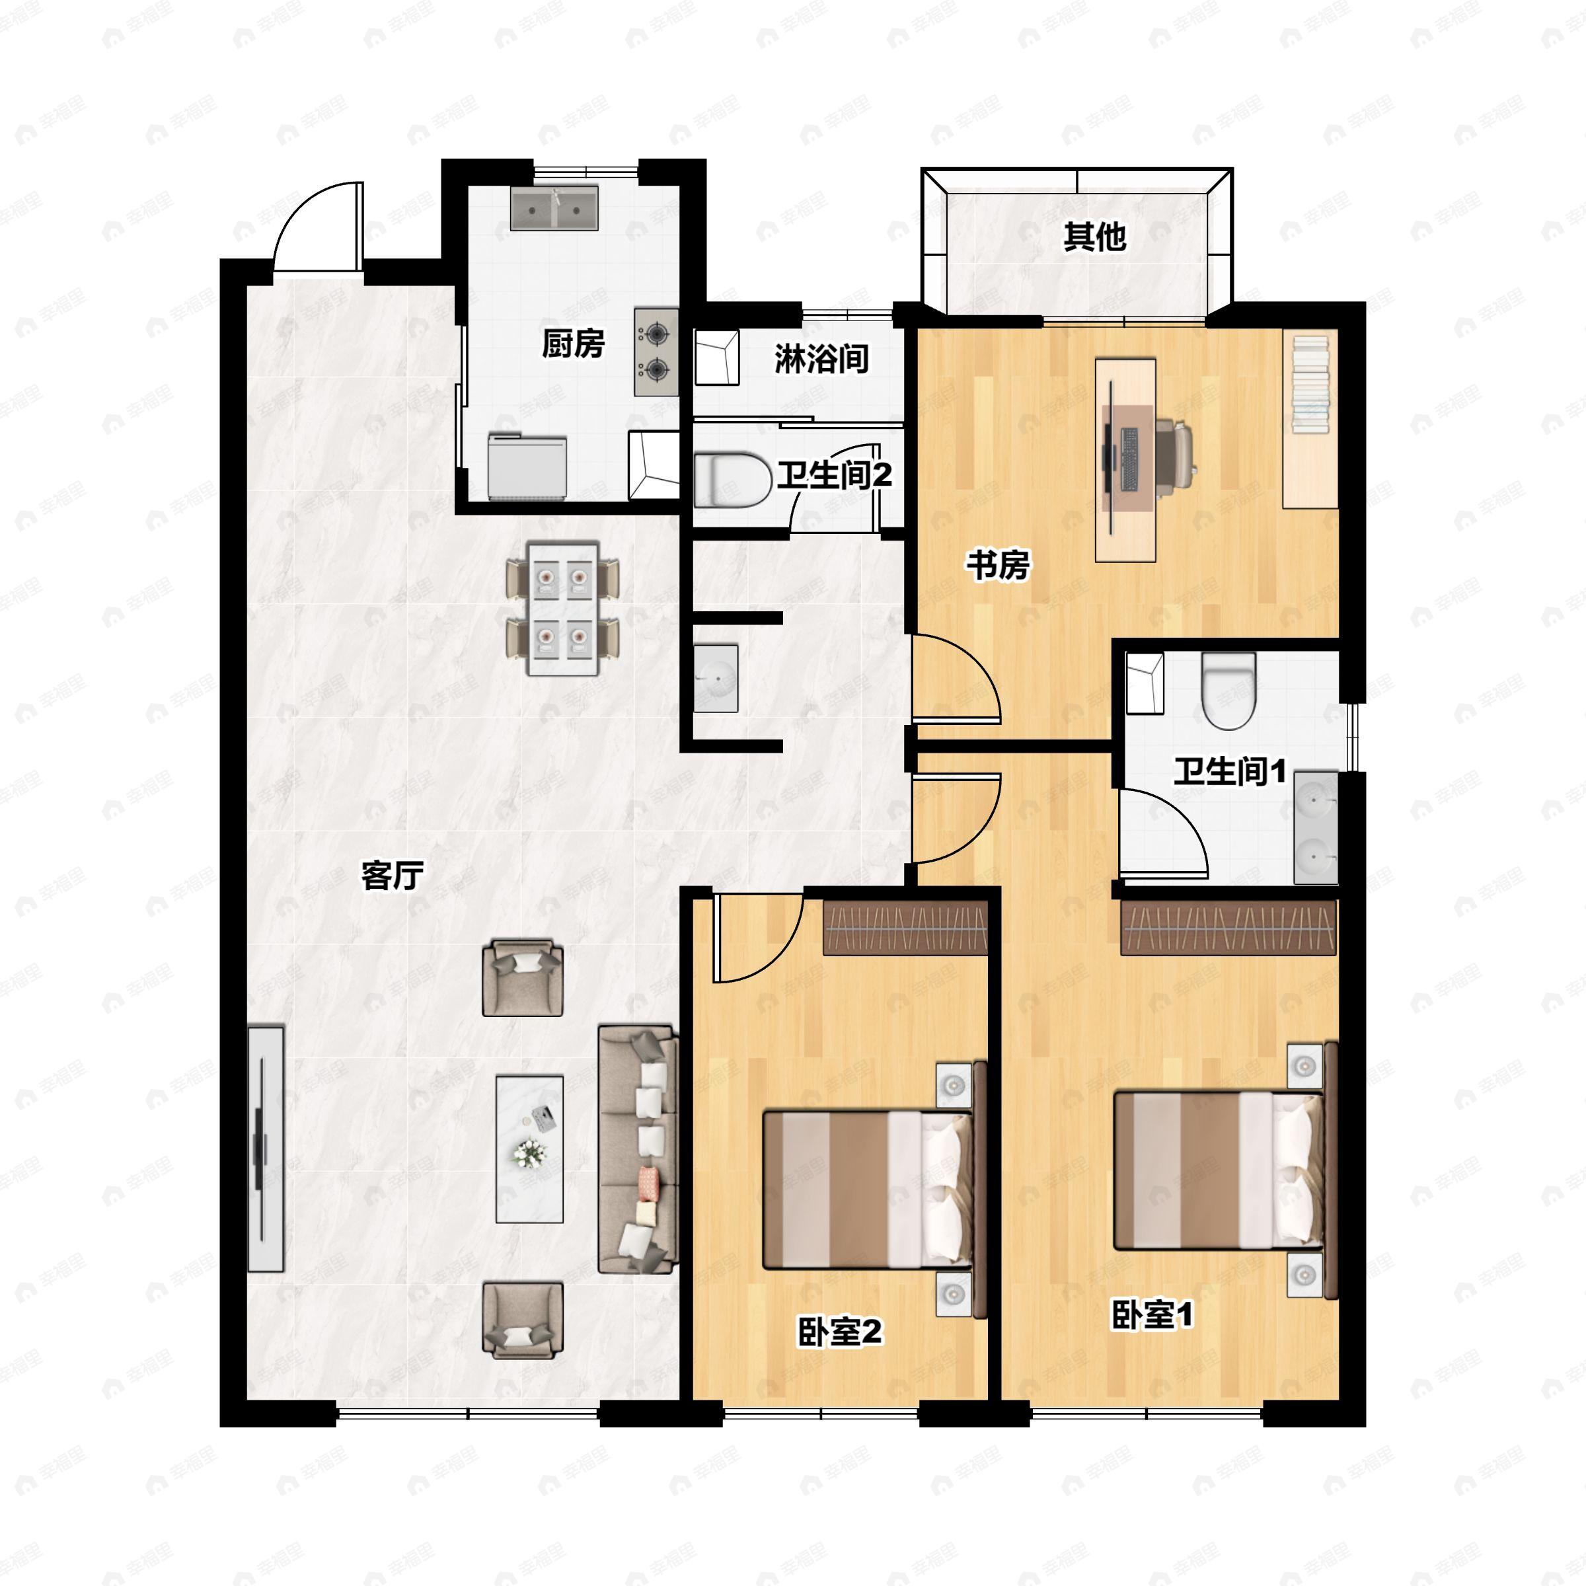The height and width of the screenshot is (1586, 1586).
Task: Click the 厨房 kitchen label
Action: click(x=573, y=344)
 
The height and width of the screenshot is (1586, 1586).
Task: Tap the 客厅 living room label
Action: click(x=393, y=876)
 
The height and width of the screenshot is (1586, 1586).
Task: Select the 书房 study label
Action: click(x=997, y=565)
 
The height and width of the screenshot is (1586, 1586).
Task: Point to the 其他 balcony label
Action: click(x=1094, y=237)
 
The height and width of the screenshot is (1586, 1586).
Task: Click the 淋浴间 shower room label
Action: click(x=821, y=359)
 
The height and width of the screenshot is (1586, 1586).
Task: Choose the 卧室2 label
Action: click(x=840, y=1332)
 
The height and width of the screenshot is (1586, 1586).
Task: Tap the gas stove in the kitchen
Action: click(x=656, y=352)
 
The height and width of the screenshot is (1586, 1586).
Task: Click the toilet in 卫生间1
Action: click(x=1228, y=689)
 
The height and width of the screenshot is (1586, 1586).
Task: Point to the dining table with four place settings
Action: click(x=563, y=608)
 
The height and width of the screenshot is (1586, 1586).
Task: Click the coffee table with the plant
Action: click(x=529, y=1149)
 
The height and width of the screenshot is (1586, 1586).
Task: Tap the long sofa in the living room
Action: click(x=638, y=1149)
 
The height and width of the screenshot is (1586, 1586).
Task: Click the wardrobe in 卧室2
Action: click(x=905, y=928)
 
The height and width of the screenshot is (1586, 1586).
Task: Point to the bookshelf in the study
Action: click(x=1310, y=384)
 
